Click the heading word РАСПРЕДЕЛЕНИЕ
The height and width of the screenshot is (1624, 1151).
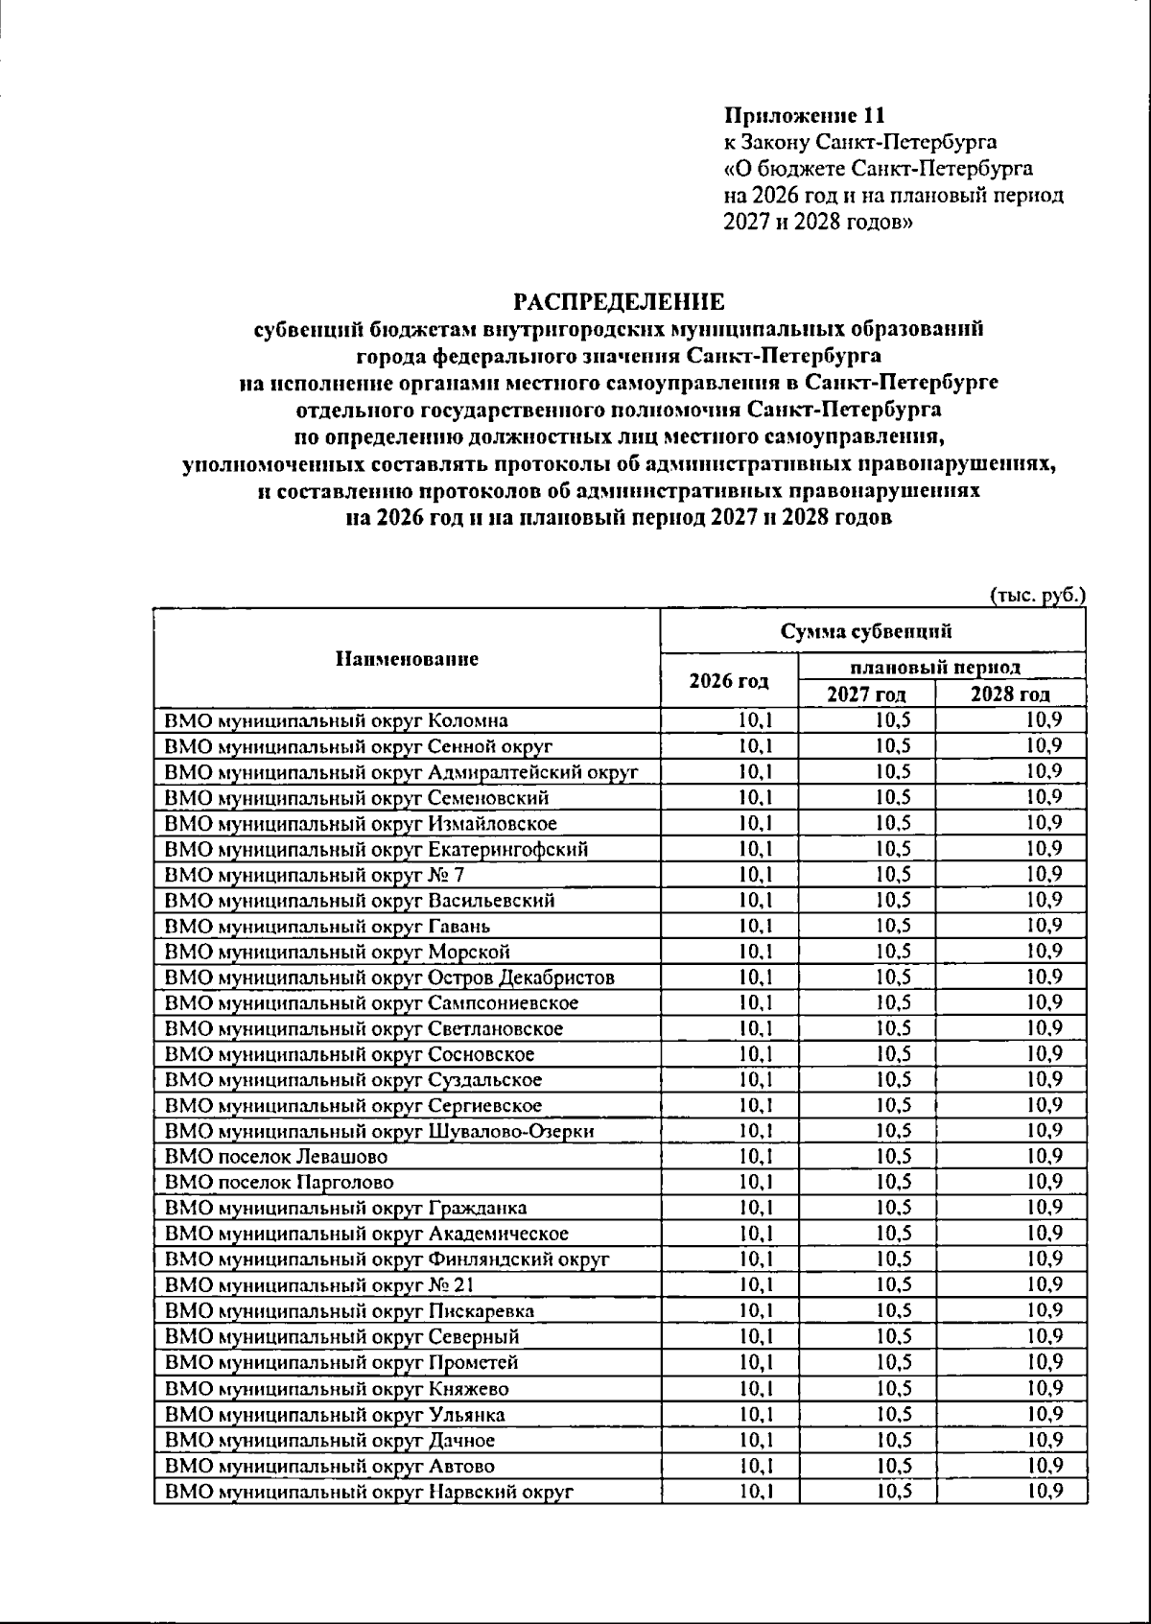point(619,303)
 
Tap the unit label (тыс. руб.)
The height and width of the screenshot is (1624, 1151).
point(1037,595)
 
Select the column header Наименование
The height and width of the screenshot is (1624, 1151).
point(407,659)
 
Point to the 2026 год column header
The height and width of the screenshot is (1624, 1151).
point(729,681)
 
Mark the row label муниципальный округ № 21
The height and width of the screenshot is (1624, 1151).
point(319,1285)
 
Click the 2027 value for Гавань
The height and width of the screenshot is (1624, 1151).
point(893,926)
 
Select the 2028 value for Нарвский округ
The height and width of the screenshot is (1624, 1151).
point(1044,1491)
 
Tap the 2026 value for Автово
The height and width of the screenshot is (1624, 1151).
point(756,1465)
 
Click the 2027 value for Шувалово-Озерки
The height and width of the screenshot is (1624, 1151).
point(893,1131)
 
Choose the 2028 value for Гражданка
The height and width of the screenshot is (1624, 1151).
point(1044,1208)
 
